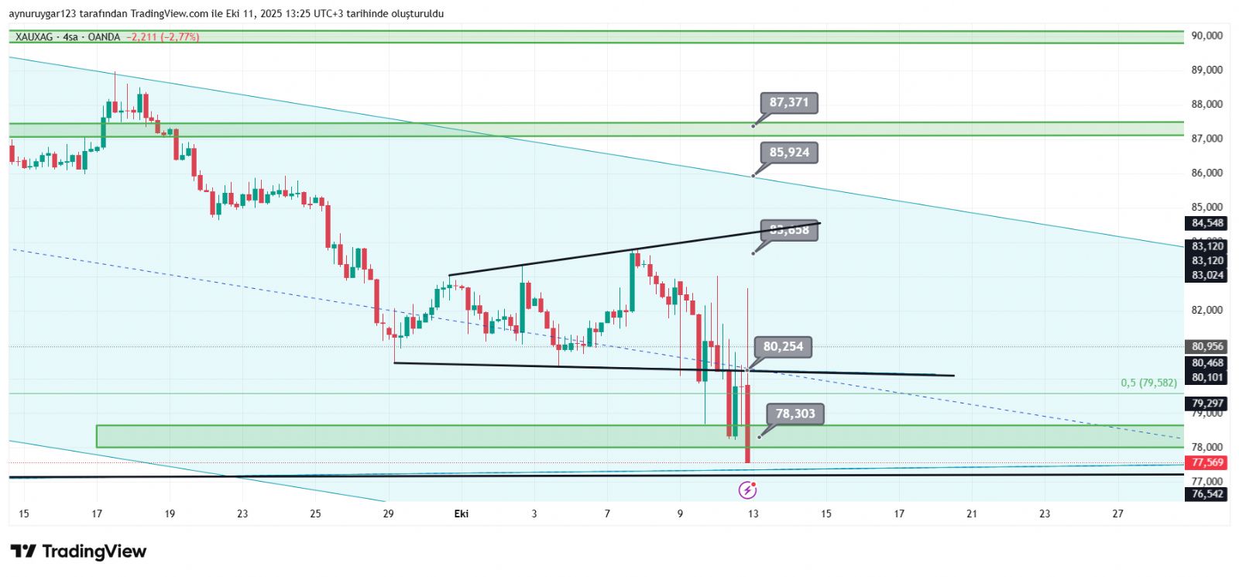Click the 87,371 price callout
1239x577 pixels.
tap(789, 102)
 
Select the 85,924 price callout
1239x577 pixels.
tap(789, 153)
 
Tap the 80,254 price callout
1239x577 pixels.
tap(783, 347)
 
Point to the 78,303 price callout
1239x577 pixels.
tap(795, 414)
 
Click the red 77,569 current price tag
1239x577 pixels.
tap(1207, 462)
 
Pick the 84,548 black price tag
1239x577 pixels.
tap(1207, 223)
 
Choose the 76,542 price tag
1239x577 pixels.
tap(1207, 493)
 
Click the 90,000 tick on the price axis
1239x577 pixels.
tap(1207, 36)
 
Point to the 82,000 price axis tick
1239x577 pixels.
tap(1207, 310)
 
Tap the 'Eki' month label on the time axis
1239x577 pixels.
tap(462, 513)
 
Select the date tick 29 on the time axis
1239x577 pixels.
tap(389, 513)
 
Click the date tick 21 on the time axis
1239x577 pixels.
tap(972, 513)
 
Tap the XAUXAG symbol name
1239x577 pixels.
tap(36, 37)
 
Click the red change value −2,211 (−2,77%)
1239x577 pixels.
tap(163, 37)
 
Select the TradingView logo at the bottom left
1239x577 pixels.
tap(78, 551)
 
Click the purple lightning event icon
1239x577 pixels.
tap(747, 489)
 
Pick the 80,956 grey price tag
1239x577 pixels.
tap(1207, 347)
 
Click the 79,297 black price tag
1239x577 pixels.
tap(1207, 404)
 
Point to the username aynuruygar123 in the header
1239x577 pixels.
tap(41, 14)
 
